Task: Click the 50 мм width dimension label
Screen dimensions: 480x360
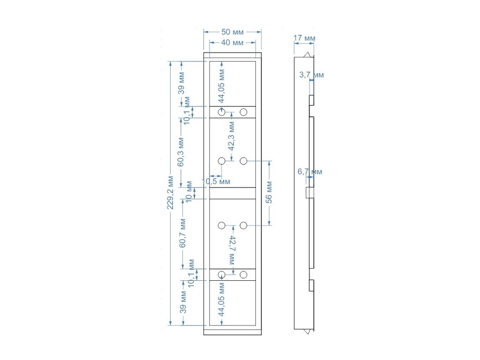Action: coord(232,32)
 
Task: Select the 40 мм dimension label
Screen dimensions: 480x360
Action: coord(232,43)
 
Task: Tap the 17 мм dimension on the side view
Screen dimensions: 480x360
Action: coord(304,38)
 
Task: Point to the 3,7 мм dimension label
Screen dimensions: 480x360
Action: coord(311,75)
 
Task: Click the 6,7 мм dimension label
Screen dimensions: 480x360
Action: coord(310,172)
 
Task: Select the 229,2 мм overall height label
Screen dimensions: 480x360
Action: coord(171,193)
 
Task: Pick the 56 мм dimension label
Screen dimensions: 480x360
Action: coord(269,192)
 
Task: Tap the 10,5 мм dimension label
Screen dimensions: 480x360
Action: coord(216,181)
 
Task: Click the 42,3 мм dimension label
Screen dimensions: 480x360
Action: coord(231,136)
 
